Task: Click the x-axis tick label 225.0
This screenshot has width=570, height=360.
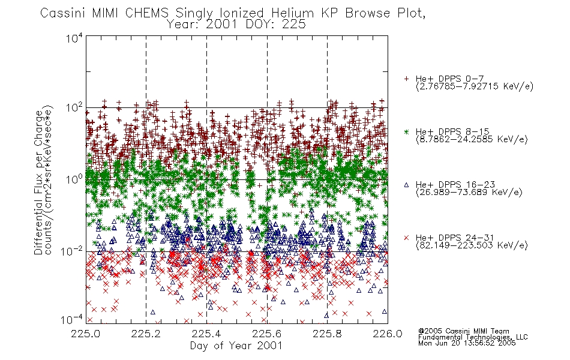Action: click(86, 334)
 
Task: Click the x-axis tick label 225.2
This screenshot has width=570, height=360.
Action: click(146, 334)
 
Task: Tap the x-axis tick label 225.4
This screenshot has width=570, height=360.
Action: click(206, 334)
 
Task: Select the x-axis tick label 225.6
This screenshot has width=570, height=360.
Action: click(267, 334)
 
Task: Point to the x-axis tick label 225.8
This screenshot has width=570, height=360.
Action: click(327, 334)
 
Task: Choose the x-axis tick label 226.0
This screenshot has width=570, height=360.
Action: click(388, 334)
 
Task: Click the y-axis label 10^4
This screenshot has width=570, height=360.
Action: click(74, 38)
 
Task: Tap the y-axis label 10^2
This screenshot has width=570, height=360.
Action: click(74, 108)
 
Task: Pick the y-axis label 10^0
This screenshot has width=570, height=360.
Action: click(74, 179)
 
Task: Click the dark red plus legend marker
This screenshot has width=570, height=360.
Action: click(406, 79)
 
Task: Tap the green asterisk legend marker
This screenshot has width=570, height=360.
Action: click(406, 132)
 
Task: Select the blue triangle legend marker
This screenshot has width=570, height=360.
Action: click(406, 185)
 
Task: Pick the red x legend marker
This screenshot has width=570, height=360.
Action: click(406, 238)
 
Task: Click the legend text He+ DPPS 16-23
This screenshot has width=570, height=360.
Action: click(455, 185)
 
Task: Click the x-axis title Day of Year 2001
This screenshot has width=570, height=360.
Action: click(236, 346)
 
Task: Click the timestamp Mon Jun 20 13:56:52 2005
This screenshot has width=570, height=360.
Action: click(467, 343)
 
